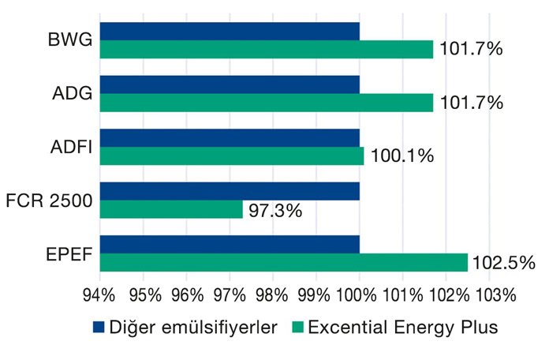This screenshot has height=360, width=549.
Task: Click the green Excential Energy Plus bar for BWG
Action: coord(267,49)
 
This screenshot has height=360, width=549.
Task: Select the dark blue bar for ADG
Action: coord(230,84)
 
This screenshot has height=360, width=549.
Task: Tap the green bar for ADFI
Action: coord(232,156)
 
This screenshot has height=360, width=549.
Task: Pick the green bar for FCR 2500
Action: coord(171,209)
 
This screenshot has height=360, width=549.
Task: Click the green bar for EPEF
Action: coord(284,262)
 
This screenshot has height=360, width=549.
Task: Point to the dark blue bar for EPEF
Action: coord(230,244)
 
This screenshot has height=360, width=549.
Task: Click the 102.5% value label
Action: coord(503,262)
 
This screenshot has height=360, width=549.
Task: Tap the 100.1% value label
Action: coord(401,156)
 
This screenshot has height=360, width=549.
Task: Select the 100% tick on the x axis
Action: coord(359,295)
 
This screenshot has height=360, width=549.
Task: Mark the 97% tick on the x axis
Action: coord(230,295)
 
